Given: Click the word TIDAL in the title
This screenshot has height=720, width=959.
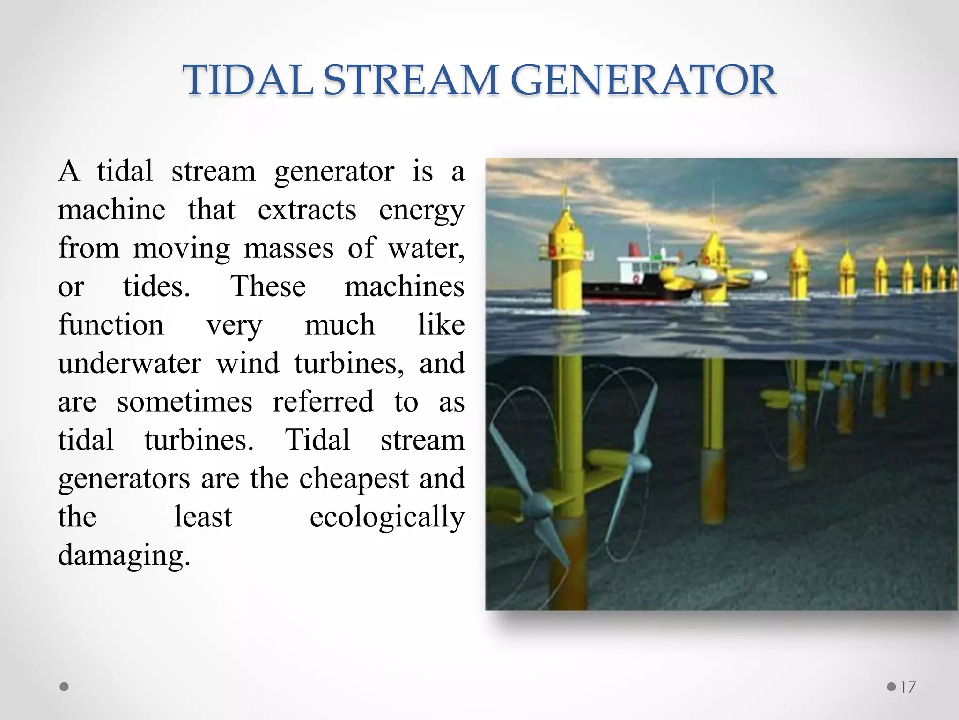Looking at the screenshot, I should (x=248, y=81).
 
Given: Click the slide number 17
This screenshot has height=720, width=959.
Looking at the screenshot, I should (x=908, y=687).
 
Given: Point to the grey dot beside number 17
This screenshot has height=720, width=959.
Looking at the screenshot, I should (x=892, y=687).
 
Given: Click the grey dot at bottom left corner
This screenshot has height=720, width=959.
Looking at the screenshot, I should (x=65, y=687).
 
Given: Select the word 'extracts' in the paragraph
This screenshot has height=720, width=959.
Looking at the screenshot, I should (x=307, y=210).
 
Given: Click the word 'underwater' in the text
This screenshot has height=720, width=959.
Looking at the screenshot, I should (x=130, y=363).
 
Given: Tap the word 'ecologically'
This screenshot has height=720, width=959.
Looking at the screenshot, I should (x=387, y=517).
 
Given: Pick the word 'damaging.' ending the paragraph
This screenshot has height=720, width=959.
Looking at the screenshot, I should (x=124, y=555).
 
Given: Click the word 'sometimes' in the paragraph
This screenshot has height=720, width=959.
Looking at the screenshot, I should (x=184, y=402).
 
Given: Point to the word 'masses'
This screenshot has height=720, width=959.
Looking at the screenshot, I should (x=288, y=248).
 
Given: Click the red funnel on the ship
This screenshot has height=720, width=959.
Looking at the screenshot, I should (x=635, y=249).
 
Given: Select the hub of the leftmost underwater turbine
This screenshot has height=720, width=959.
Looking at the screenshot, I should (x=539, y=506).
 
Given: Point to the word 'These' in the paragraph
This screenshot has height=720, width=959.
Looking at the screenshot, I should (x=268, y=287).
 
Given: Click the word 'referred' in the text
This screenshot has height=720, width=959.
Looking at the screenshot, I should (x=323, y=402).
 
